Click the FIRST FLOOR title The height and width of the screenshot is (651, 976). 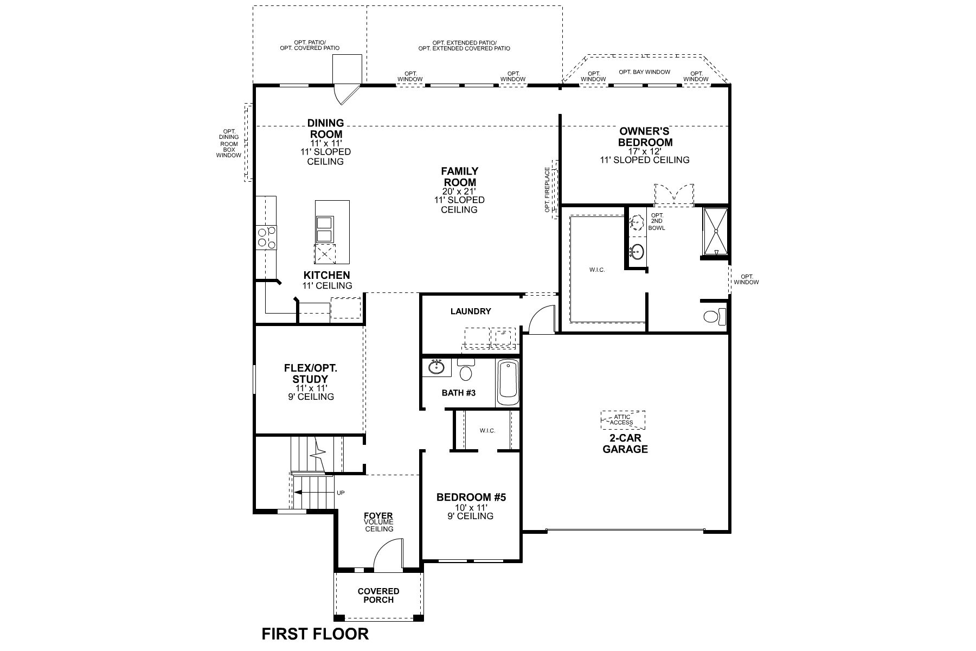pyautogui.click(x=315, y=634)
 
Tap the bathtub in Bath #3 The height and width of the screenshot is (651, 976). pyautogui.click(x=508, y=382)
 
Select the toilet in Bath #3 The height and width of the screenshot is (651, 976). pyautogui.click(x=465, y=369)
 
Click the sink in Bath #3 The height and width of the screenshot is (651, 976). pyautogui.click(x=436, y=367)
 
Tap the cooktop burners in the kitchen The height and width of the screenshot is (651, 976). pyautogui.click(x=266, y=238)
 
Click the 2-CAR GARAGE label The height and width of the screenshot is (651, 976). pyautogui.click(x=625, y=444)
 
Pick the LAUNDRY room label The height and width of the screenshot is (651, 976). pyautogui.click(x=471, y=311)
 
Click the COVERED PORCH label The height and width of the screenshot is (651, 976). pyautogui.click(x=379, y=595)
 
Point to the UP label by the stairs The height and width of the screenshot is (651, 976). pyautogui.click(x=341, y=493)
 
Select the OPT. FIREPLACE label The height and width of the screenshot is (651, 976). pyautogui.click(x=548, y=190)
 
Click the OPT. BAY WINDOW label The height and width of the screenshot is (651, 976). pyautogui.click(x=644, y=72)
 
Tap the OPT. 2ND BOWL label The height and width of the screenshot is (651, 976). pyautogui.click(x=657, y=221)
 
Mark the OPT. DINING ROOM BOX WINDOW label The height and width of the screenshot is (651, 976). pyautogui.click(x=229, y=143)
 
